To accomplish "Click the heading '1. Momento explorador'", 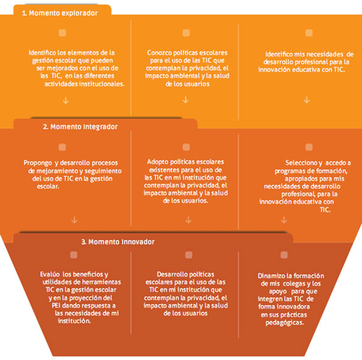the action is (x=60, y=13).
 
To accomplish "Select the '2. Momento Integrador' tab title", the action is (x=80, y=126).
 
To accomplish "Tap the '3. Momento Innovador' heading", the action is (x=118, y=242).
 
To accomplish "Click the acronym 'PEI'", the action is (x=56, y=305).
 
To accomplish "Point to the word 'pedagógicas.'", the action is (x=285, y=322).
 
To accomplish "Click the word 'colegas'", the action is (x=294, y=283).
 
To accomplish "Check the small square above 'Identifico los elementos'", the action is (x=62, y=33).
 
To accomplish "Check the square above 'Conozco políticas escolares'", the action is (x=186, y=33).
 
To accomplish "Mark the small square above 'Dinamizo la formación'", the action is (x=284, y=255).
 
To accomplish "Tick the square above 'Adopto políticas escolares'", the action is (x=186, y=147).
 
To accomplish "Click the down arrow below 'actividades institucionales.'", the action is (x=66, y=100).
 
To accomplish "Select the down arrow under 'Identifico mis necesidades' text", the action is (x=307, y=100).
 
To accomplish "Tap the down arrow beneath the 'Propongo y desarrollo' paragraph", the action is (x=74, y=220).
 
